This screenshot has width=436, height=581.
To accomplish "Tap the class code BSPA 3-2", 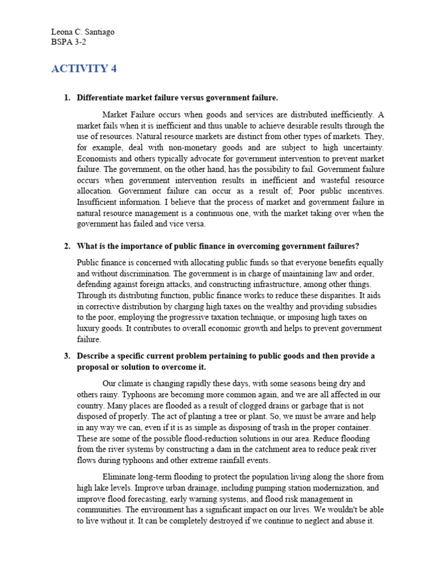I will point(68,41).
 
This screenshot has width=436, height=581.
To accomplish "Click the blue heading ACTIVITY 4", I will point(83,69).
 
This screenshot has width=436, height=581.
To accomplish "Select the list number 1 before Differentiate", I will point(66,98).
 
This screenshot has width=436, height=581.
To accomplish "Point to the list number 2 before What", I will point(66,246).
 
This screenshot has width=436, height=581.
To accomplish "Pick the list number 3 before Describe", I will point(66,356).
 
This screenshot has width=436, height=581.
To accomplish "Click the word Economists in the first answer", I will point(97,158).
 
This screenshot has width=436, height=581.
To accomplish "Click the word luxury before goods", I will point(88,329).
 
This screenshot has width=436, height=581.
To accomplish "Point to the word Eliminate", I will point(120,477).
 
